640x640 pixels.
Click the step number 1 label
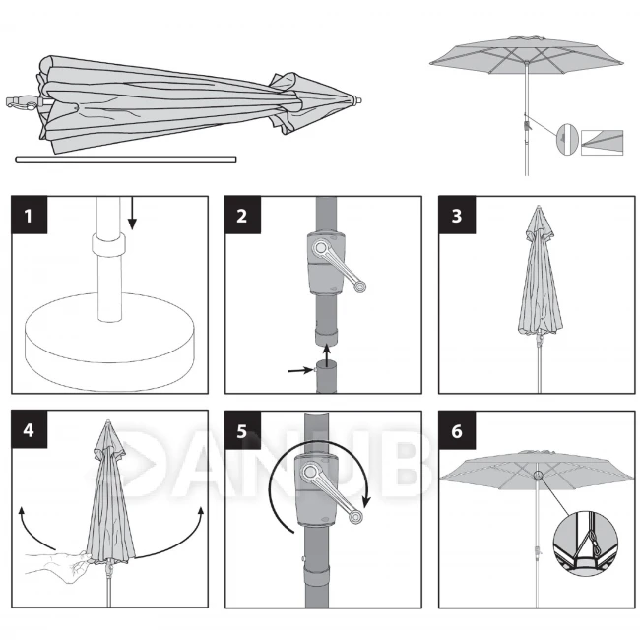29,215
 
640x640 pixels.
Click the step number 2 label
242,215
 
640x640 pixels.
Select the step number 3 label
457,215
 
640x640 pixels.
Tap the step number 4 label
29,429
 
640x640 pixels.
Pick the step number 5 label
242,430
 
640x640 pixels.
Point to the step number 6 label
457,430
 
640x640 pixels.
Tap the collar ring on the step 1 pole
108,244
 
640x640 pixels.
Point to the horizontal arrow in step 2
301,370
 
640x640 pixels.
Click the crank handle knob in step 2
359,287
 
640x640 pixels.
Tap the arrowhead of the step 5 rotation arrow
368,501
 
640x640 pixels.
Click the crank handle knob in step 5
355,517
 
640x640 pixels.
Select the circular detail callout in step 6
585,542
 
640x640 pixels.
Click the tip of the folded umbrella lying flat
359,100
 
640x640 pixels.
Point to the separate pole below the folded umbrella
126,160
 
